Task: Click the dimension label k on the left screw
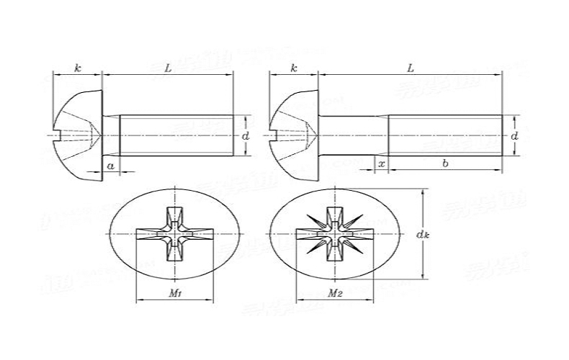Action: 77,68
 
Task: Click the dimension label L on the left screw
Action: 168,68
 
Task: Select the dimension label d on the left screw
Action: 246,135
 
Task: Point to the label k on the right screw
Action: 293,68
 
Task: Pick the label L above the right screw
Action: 410,68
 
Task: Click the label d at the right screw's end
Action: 514,135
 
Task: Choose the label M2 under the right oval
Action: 335,294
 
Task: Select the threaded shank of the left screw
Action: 176,135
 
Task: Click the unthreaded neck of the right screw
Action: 354,135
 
